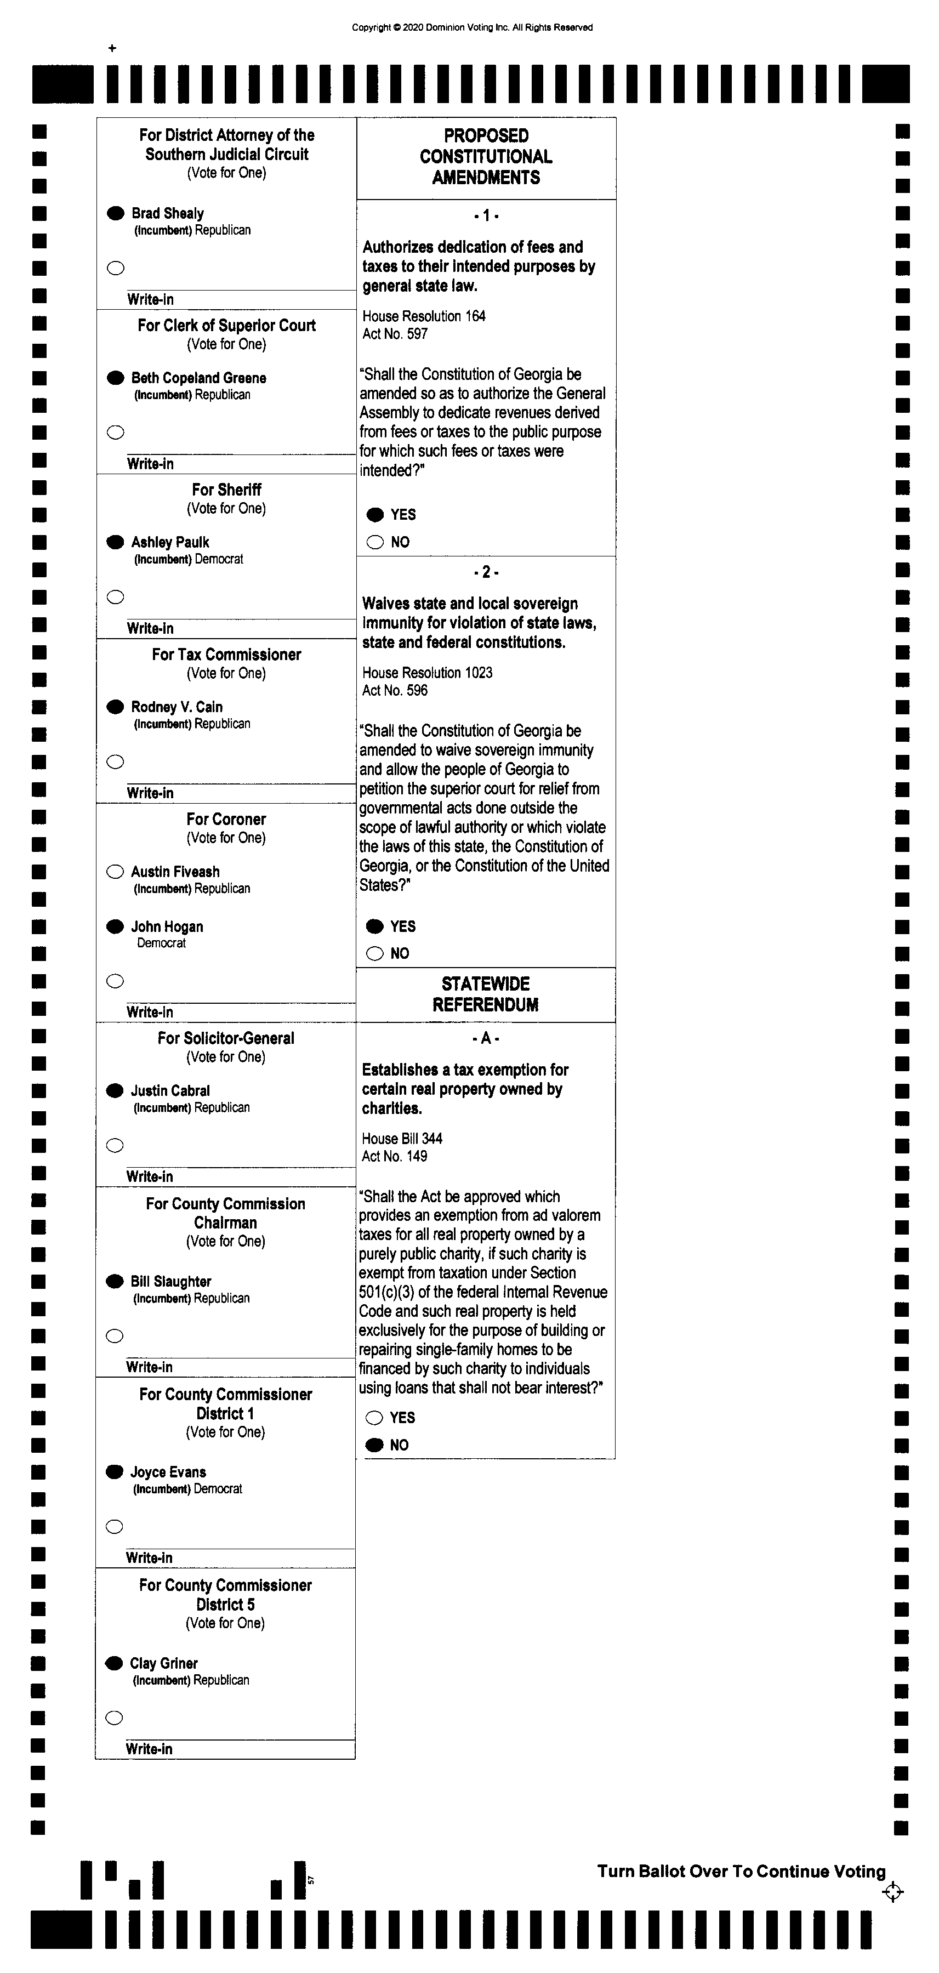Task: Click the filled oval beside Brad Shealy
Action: coord(116,213)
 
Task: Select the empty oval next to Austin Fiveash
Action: coord(115,872)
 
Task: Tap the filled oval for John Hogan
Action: coord(115,927)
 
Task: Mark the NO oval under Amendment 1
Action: coord(374,542)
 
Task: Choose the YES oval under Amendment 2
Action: coord(374,926)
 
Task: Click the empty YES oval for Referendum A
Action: coord(374,1418)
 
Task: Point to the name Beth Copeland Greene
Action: coord(198,378)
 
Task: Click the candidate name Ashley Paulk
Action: coord(170,542)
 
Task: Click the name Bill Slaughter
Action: coord(171,1281)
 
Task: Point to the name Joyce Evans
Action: coord(168,1472)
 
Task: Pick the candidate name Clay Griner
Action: coord(164,1663)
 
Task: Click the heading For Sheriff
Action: coord(227,490)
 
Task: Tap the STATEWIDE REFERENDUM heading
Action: coord(486,994)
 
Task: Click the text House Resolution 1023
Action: coord(428,673)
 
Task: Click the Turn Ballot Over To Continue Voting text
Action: coord(741,1871)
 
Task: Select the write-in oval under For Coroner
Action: coord(115,981)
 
